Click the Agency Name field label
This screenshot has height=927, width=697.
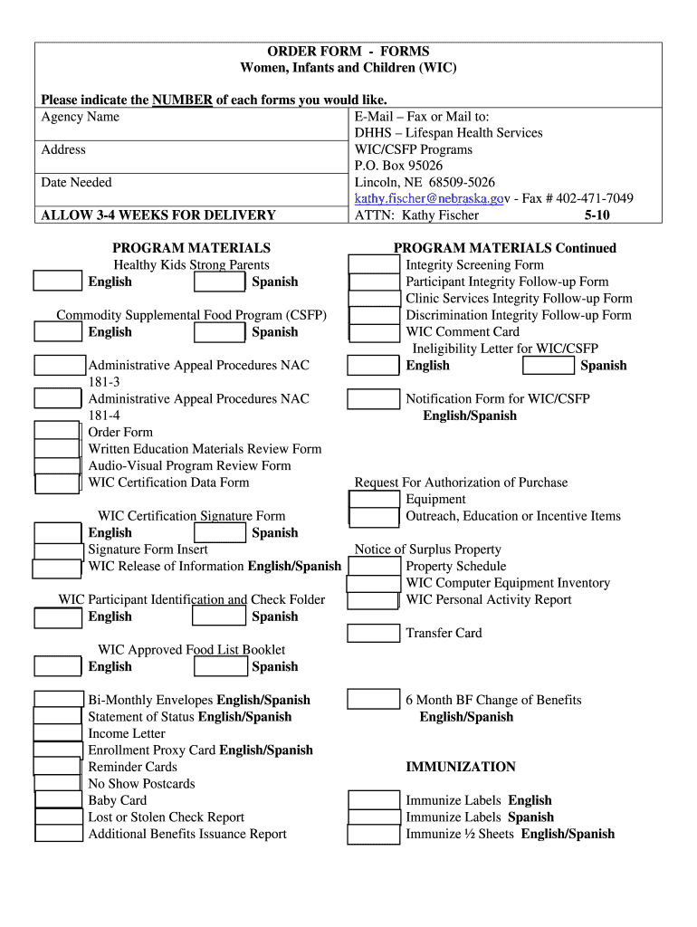tap(81, 117)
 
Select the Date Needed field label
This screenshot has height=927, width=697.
tap(77, 182)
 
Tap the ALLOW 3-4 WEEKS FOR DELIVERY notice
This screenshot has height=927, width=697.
tap(158, 215)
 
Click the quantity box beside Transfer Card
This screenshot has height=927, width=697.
tap(374, 633)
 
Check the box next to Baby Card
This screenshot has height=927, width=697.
tap(59, 800)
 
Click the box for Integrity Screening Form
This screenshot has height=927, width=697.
tap(374, 265)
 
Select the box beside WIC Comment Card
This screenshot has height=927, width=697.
tap(374, 332)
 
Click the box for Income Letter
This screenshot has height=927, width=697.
tap(59, 733)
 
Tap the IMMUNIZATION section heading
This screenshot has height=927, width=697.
tap(461, 767)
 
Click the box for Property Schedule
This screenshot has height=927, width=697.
tap(374, 567)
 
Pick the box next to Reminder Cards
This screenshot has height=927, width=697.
tap(59, 767)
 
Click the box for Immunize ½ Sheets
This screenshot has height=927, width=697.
tap(374, 834)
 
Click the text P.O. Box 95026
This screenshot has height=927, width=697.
tap(399, 166)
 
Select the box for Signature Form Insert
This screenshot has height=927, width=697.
tap(59, 550)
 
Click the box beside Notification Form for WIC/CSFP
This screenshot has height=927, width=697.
tap(374, 399)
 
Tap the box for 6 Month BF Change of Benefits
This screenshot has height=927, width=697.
tap(374, 700)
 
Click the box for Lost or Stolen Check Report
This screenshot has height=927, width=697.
tap(59, 817)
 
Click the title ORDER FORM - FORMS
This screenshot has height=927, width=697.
tap(348, 52)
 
